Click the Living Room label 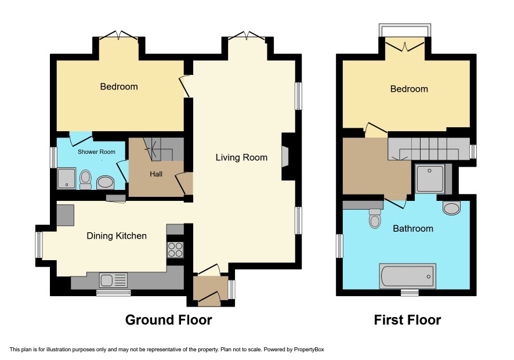tap(241, 157)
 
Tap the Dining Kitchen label tap(117, 236)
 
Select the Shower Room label tap(96, 152)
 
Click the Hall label tap(156, 174)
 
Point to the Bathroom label tap(413, 228)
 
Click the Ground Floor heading tap(168, 319)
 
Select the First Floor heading tap(407, 319)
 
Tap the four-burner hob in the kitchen tap(175, 250)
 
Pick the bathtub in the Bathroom tap(407, 276)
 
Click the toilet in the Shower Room tap(85, 179)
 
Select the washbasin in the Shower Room tap(105, 182)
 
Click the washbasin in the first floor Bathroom tap(452, 208)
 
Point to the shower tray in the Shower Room tap(67, 178)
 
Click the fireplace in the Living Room tap(285, 157)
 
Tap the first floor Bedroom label tap(409, 89)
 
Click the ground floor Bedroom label tap(119, 87)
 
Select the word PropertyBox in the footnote tap(309, 350)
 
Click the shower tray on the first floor tap(430, 178)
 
